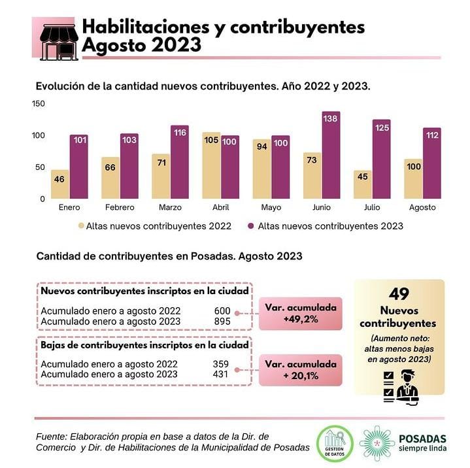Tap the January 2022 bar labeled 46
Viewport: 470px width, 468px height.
[59, 184]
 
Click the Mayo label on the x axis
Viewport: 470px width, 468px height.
[271, 208]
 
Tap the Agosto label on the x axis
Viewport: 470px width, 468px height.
[422, 208]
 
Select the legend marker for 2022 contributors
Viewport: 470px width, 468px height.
[82, 226]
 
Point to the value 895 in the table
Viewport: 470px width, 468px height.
[222, 322]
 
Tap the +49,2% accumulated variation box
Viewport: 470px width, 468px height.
[301, 313]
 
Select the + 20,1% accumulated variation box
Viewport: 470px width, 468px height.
[301, 370]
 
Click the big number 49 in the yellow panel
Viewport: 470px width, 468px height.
[399, 294]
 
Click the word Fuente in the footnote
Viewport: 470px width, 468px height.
[51, 436]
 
